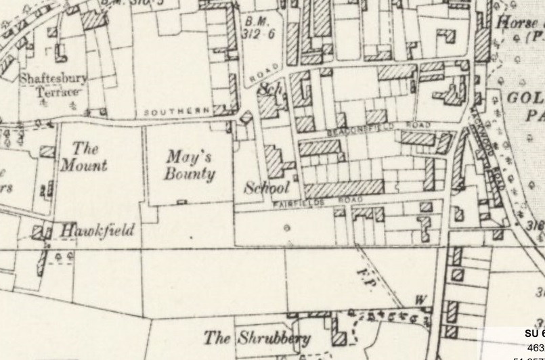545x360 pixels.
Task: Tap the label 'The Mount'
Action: [84, 157]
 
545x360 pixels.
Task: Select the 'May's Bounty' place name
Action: [190, 165]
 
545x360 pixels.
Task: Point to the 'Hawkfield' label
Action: [97, 230]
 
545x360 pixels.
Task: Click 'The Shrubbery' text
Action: [257, 338]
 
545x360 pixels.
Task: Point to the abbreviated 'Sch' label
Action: [269, 89]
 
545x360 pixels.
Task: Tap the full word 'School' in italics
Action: [266, 188]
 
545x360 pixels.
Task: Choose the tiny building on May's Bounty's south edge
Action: [181, 202]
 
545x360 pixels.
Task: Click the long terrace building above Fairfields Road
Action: [344, 187]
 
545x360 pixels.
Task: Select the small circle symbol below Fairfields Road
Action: [286, 229]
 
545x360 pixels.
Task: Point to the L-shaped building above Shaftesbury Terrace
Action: [60, 51]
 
